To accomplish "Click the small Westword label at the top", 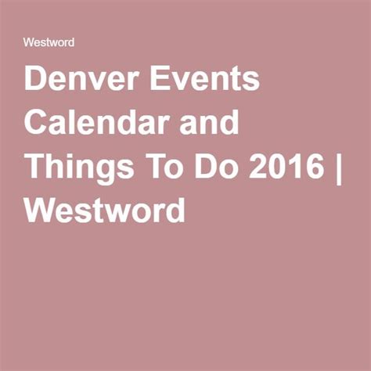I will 49,42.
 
